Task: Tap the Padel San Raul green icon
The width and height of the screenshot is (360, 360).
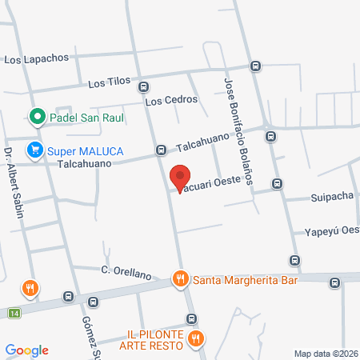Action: coord(36,118)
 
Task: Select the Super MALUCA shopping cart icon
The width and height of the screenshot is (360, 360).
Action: coord(34,150)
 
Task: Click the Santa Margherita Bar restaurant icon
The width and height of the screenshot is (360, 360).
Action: coord(181,278)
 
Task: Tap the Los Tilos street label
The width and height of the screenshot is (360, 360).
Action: coord(107,83)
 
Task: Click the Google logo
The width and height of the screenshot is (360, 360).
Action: coord(26,350)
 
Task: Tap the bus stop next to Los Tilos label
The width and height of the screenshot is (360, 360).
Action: coord(143,86)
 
